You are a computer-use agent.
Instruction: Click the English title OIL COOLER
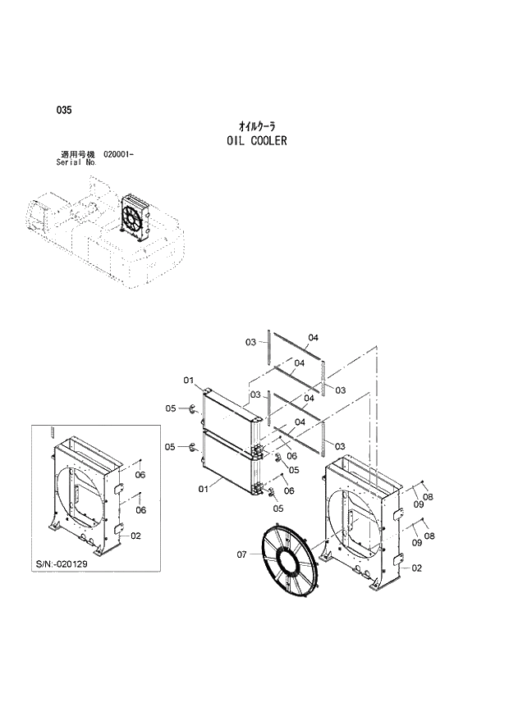[256, 141]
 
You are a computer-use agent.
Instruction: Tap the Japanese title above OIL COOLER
[256, 126]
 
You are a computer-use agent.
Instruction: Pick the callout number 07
[242, 554]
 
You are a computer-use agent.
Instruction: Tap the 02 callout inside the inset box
[136, 536]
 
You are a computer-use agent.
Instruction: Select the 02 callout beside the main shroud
[417, 568]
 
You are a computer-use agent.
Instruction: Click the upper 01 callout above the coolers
[188, 381]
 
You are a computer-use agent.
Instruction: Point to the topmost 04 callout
[313, 337]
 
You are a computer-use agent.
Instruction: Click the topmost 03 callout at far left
[251, 342]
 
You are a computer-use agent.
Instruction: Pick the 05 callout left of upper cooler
[171, 408]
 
